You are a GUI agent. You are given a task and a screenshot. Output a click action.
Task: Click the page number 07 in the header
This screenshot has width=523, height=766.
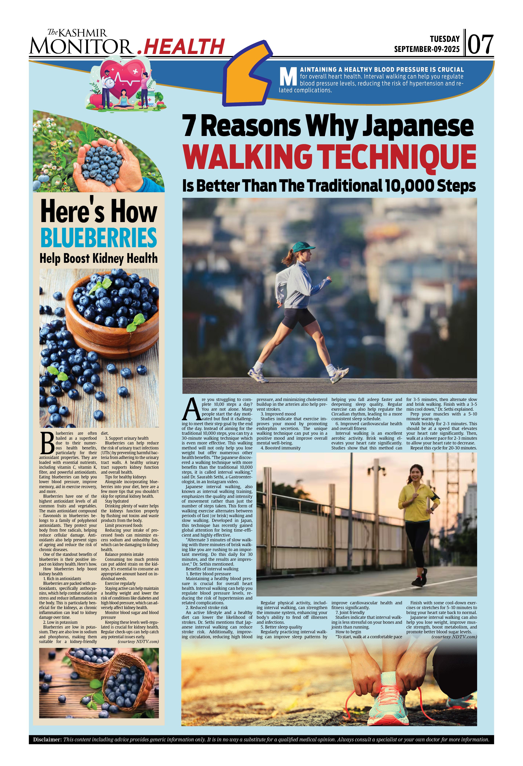[480, 44]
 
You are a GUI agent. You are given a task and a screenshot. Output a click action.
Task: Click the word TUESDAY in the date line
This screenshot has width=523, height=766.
[445, 39]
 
